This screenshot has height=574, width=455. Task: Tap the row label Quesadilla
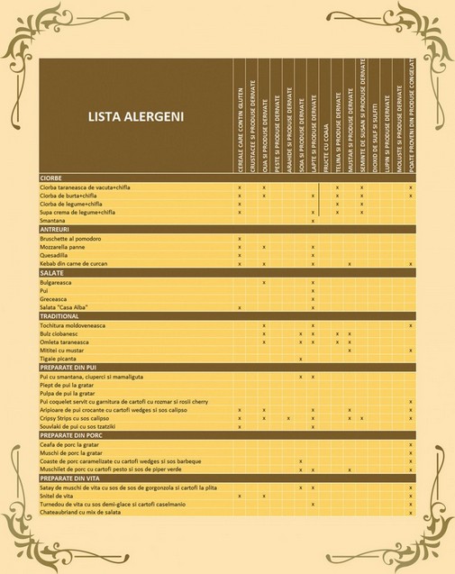[58, 255]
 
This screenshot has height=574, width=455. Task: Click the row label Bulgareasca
[59, 282]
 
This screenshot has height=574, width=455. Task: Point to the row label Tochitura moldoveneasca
[81, 325]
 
